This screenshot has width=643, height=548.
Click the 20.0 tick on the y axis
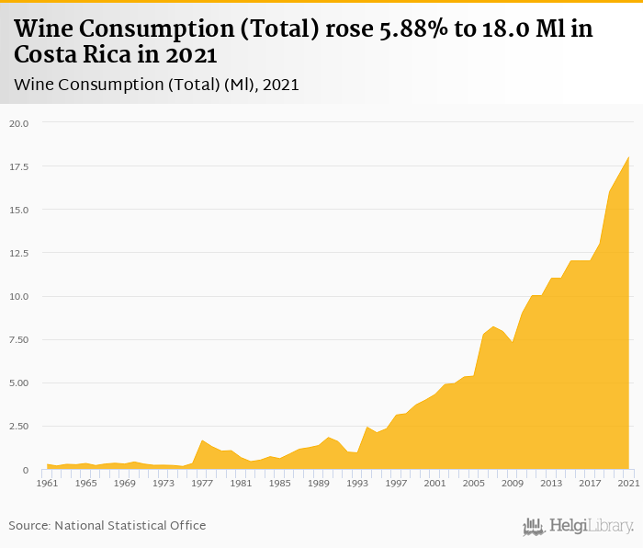(x=19, y=123)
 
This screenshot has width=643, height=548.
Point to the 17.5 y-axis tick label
(x=19, y=166)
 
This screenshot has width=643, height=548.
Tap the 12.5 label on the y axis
(x=19, y=253)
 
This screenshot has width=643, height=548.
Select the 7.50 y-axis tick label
(x=19, y=339)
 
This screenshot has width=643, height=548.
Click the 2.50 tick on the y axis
(x=19, y=427)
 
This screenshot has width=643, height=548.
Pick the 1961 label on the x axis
(x=48, y=483)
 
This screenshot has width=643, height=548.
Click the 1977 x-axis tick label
(x=202, y=483)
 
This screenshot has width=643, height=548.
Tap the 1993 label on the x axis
(x=357, y=483)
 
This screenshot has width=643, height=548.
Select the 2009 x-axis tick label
(x=513, y=483)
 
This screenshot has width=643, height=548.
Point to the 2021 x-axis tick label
(x=628, y=483)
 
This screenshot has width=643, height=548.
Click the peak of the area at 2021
(x=628, y=157)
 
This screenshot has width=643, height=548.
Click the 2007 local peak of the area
(x=493, y=326)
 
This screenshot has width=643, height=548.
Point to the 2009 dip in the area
(x=513, y=342)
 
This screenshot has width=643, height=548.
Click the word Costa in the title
(x=45, y=55)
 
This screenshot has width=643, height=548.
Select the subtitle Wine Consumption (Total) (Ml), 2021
(x=157, y=85)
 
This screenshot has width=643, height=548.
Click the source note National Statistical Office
(x=107, y=525)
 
